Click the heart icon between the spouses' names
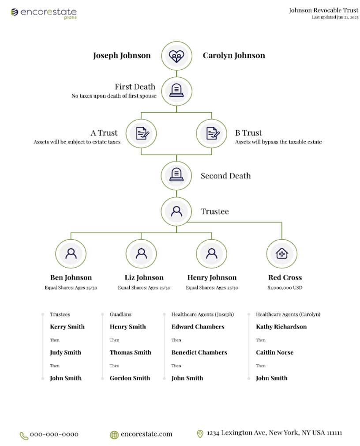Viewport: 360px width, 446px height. (x=176, y=56)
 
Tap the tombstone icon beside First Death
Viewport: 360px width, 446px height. (x=176, y=91)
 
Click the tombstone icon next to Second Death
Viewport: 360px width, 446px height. (x=176, y=174)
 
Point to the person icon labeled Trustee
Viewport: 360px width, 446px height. (x=176, y=212)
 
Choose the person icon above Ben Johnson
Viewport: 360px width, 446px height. (x=71, y=253)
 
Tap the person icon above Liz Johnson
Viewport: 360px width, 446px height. (x=141, y=253)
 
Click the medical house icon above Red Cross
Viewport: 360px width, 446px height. (x=281, y=253)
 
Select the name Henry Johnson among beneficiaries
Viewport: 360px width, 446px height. (x=212, y=277)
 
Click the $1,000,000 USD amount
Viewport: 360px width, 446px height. (x=285, y=287)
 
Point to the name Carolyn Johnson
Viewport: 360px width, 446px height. (x=233, y=56)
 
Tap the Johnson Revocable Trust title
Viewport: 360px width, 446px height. (x=324, y=10)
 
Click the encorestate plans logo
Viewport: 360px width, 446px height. (x=44, y=13)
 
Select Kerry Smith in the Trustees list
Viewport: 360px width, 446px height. (x=67, y=326)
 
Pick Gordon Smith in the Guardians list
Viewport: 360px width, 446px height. (x=130, y=378)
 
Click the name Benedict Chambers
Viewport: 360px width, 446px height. (x=199, y=352)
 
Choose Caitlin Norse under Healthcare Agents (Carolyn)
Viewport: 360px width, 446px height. (x=274, y=352)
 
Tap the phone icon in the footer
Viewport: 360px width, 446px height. (x=24, y=436)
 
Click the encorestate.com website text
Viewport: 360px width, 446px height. (x=146, y=434)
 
